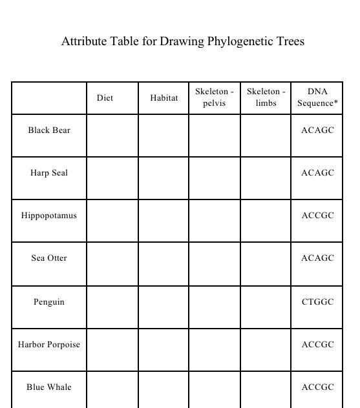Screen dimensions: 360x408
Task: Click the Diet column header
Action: click(x=105, y=98)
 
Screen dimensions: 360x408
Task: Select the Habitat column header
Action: click(x=164, y=98)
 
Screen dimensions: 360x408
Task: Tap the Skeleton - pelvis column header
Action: click(x=215, y=97)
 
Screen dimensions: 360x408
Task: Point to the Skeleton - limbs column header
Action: click(x=266, y=97)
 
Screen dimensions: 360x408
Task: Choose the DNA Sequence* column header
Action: click(x=317, y=97)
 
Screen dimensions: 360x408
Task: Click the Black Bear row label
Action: click(x=49, y=130)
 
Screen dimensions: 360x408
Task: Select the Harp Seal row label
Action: click(x=49, y=173)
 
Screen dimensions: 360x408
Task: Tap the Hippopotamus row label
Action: click(x=49, y=216)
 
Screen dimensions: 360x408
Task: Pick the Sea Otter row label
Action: click(x=49, y=258)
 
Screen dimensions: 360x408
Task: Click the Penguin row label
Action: click(x=49, y=302)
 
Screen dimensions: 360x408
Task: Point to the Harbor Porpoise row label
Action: click(x=49, y=345)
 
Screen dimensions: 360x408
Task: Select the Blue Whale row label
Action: click(x=49, y=387)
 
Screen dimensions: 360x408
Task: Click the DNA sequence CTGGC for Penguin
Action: click(x=317, y=302)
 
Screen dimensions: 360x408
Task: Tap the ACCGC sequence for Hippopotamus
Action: click(x=317, y=216)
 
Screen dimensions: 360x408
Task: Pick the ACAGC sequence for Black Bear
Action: click(x=317, y=130)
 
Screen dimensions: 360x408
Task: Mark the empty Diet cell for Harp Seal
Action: click(x=112, y=178)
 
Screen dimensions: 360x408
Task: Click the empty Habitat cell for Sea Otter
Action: click(x=164, y=264)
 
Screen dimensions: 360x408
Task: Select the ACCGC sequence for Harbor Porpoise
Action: click(x=317, y=345)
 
